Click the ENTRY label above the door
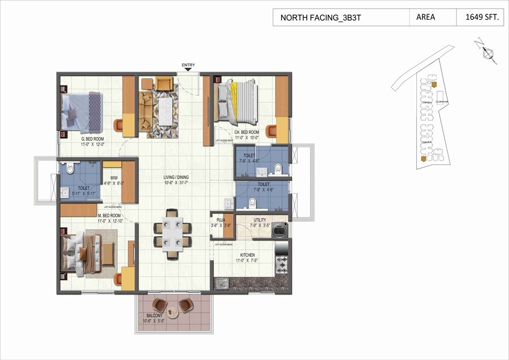click(188, 65)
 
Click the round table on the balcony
click(173, 312)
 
